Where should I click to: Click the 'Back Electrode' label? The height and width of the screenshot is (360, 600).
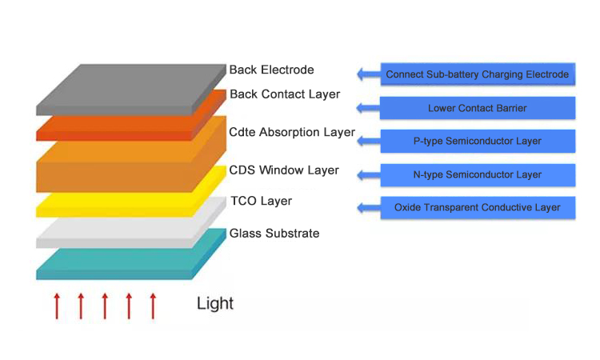point(271,70)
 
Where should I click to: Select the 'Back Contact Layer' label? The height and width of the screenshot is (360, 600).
point(284,94)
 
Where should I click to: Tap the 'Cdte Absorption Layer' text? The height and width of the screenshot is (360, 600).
point(291,132)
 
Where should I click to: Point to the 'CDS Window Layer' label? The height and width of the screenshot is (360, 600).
point(283,170)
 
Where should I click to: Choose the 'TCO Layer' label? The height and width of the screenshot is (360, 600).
point(261,201)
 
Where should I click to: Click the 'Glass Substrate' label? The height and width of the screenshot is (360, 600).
point(274,234)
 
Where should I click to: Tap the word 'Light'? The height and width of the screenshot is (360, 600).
point(215,304)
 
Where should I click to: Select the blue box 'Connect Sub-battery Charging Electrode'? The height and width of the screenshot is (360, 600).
point(477,74)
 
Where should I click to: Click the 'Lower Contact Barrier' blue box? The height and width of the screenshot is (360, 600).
point(477,108)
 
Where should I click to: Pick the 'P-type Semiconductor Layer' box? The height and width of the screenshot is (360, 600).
point(477,141)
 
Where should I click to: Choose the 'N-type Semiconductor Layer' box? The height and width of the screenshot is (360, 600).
point(477,174)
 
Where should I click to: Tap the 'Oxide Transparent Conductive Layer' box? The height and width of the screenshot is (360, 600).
point(477,208)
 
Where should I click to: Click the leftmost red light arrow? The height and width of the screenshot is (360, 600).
point(57,306)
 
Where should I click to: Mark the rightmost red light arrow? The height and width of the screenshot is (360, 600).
point(153,306)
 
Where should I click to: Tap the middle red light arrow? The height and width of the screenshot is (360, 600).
point(105,306)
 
